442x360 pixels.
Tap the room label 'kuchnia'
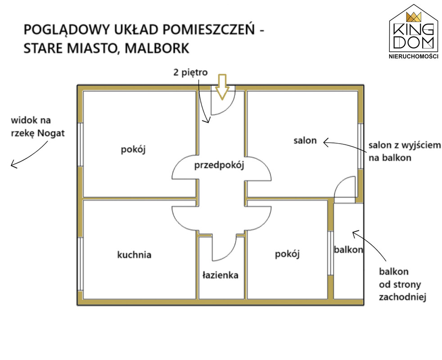[x=134, y=255]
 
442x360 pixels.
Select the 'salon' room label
[x=305, y=140]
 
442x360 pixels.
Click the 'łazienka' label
[x=221, y=275]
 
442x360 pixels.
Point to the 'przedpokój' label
[x=219, y=165]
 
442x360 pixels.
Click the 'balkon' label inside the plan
[x=348, y=249]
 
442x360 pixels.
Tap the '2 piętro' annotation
[x=190, y=73]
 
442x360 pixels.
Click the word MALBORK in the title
[x=157, y=48]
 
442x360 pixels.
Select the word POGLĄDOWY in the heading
[x=66, y=30]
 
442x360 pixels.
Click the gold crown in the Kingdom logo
[x=414, y=17]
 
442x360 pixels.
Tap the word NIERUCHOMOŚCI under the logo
[x=414, y=56]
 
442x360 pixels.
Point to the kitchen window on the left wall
[x=80, y=264]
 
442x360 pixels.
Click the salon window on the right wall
[x=360, y=146]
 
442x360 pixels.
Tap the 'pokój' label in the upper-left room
[x=133, y=149]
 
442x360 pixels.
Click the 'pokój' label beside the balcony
[x=287, y=254]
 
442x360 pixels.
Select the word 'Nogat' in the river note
[x=51, y=133]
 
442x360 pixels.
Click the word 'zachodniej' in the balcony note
[x=402, y=297]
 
